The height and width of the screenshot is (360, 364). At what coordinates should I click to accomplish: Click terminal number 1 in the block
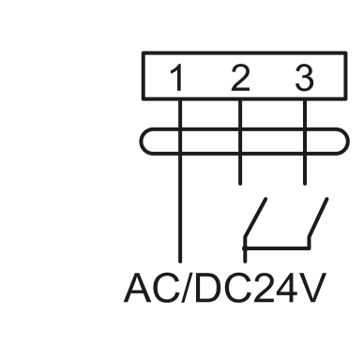[177, 78]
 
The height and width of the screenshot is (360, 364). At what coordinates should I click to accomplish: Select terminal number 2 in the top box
[240, 78]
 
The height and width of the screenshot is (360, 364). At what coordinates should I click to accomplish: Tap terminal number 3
[304, 78]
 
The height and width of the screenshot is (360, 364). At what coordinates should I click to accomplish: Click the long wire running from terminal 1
[180, 181]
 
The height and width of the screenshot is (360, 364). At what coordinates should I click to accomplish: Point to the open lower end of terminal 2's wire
[240, 184]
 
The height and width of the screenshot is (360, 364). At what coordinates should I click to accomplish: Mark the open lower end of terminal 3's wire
[305, 184]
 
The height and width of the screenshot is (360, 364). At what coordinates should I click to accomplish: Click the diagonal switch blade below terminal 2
[255, 217]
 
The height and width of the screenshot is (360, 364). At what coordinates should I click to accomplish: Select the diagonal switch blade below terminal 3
[318, 217]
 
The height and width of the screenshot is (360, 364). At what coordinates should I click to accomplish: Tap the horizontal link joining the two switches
[277, 248]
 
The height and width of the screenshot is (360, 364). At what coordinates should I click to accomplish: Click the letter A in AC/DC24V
[138, 288]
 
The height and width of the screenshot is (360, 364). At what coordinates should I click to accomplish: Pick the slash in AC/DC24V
[187, 288]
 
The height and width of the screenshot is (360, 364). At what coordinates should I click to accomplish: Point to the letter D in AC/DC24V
[208, 288]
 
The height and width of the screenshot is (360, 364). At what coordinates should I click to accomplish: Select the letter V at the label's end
[312, 288]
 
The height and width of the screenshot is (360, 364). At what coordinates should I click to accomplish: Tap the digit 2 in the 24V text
[264, 288]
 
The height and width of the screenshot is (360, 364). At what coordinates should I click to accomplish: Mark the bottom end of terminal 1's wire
[180, 261]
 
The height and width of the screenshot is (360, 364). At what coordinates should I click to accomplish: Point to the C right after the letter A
[166, 288]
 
